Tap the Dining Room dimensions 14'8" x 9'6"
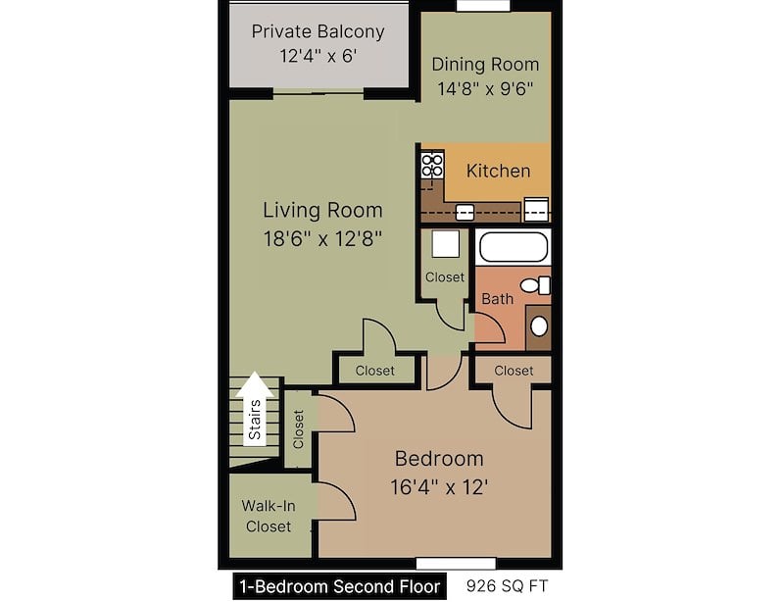[x=485, y=88]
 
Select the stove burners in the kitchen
[x=432, y=166]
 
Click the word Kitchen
[x=499, y=171]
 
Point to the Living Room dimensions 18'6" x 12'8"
[x=323, y=238]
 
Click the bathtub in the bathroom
[x=513, y=247]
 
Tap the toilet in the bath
[x=535, y=285]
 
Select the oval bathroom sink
[x=539, y=326]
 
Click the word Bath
[x=498, y=299]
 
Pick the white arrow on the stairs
[x=255, y=408]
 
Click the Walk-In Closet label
[x=269, y=516]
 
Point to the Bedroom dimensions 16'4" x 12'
[x=439, y=486]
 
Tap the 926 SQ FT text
[x=507, y=585]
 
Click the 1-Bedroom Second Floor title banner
[x=340, y=586]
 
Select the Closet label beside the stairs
[x=299, y=429]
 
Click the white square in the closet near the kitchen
[x=446, y=244]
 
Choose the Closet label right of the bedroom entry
[x=514, y=371]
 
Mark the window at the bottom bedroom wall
[x=456, y=564]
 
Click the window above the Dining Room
[x=483, y=6]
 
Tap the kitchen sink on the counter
[x=465, y=213]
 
